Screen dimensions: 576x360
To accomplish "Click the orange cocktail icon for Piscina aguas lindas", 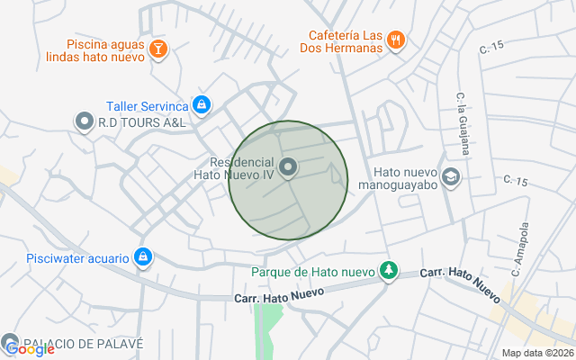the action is coord(158,49).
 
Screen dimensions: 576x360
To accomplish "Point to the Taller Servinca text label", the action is coord(148,105).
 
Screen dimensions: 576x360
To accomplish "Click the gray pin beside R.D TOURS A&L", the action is coord(85,121).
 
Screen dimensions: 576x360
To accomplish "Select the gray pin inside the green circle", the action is coord(288,166).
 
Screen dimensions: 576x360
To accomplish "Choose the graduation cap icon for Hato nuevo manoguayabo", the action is coord(452,175).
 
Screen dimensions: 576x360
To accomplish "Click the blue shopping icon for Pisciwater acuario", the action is coord(142,257).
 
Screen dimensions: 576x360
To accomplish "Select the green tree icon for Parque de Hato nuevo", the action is coord(388,270).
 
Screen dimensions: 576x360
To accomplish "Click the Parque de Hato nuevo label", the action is coord(311,271).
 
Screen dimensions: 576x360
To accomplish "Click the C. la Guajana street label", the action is coord(462,112).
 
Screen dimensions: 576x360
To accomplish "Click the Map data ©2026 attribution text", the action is coord(536,353).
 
